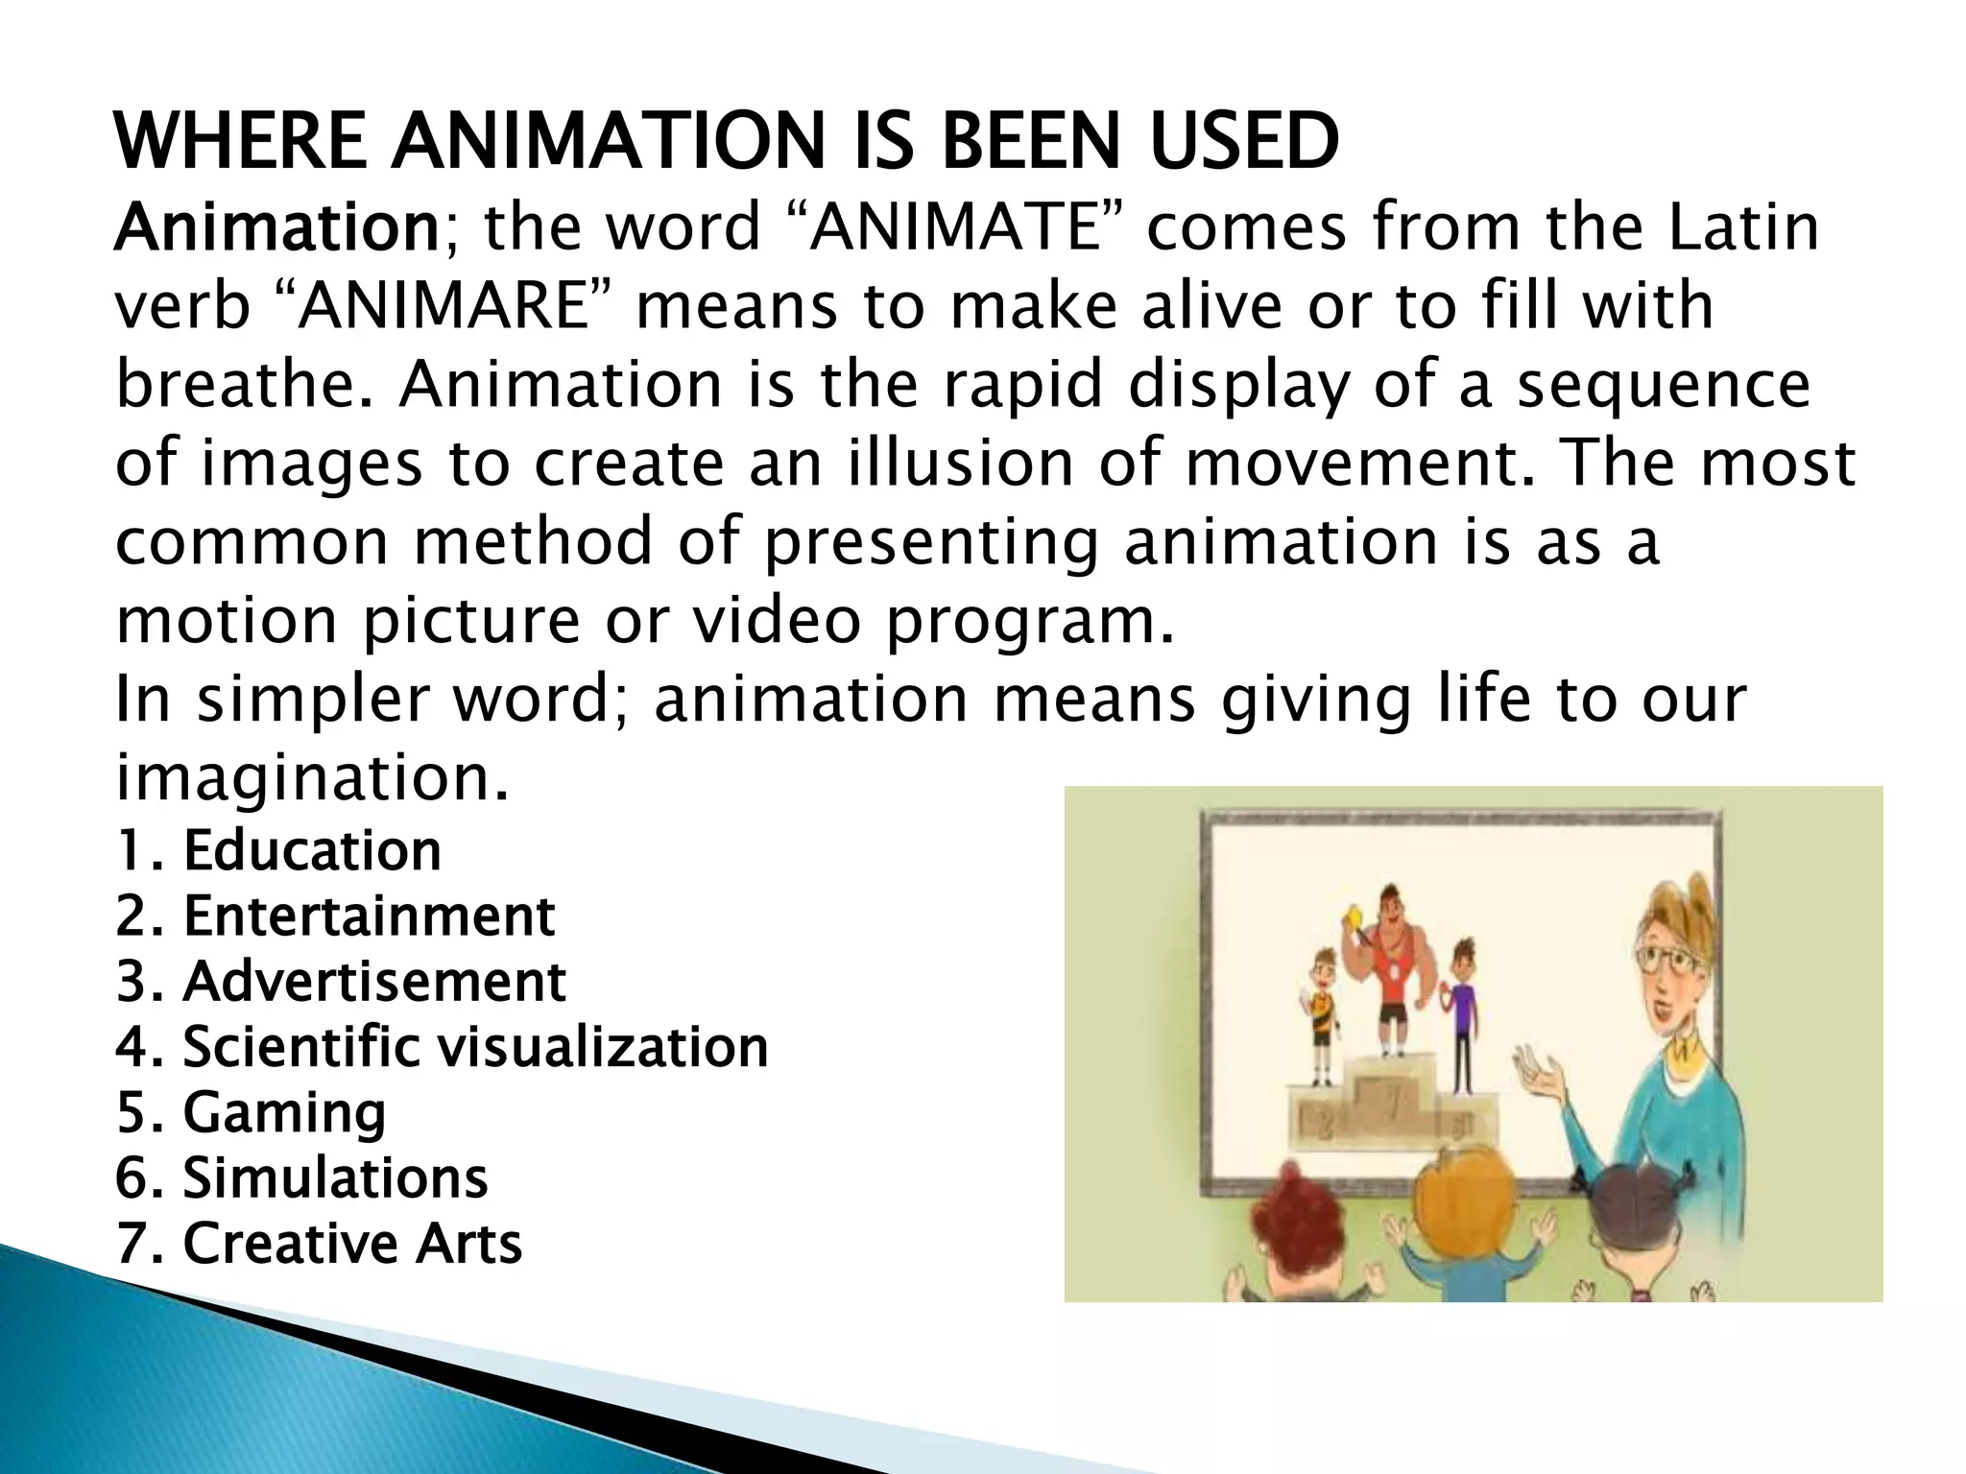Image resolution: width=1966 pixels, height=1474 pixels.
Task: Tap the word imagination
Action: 311,776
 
